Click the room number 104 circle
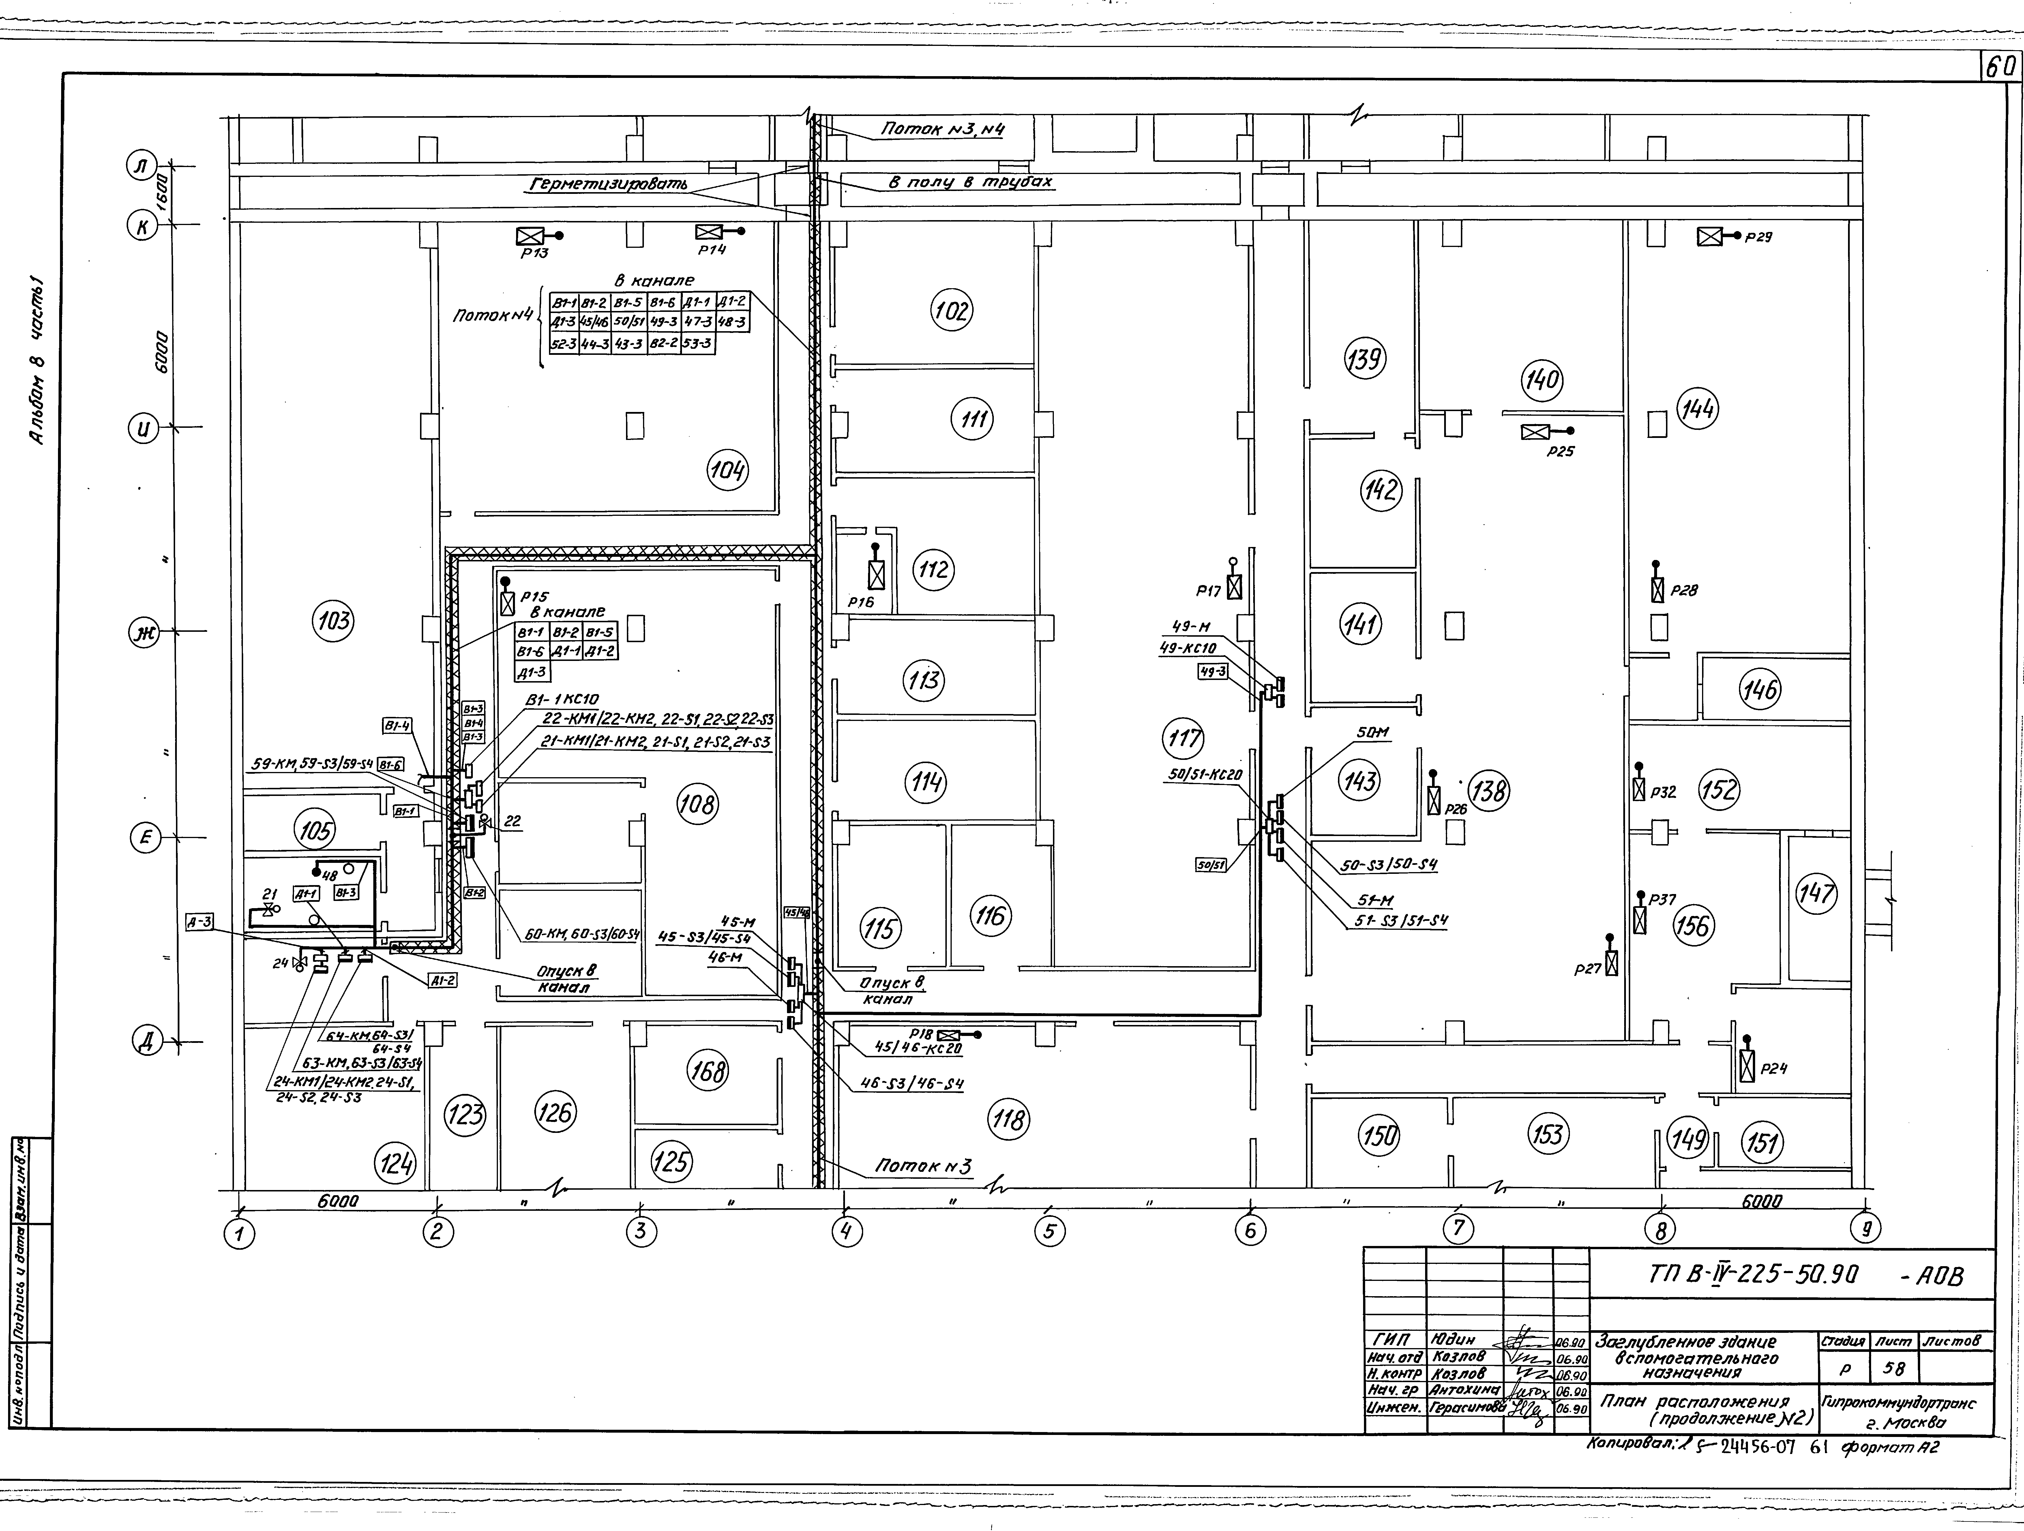tap(728, 471)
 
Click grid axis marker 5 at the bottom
tap(1050, 1232)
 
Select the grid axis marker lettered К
tap(142, 226)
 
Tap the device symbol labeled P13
tap(531, 236)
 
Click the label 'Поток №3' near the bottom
tap(922, 1167)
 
